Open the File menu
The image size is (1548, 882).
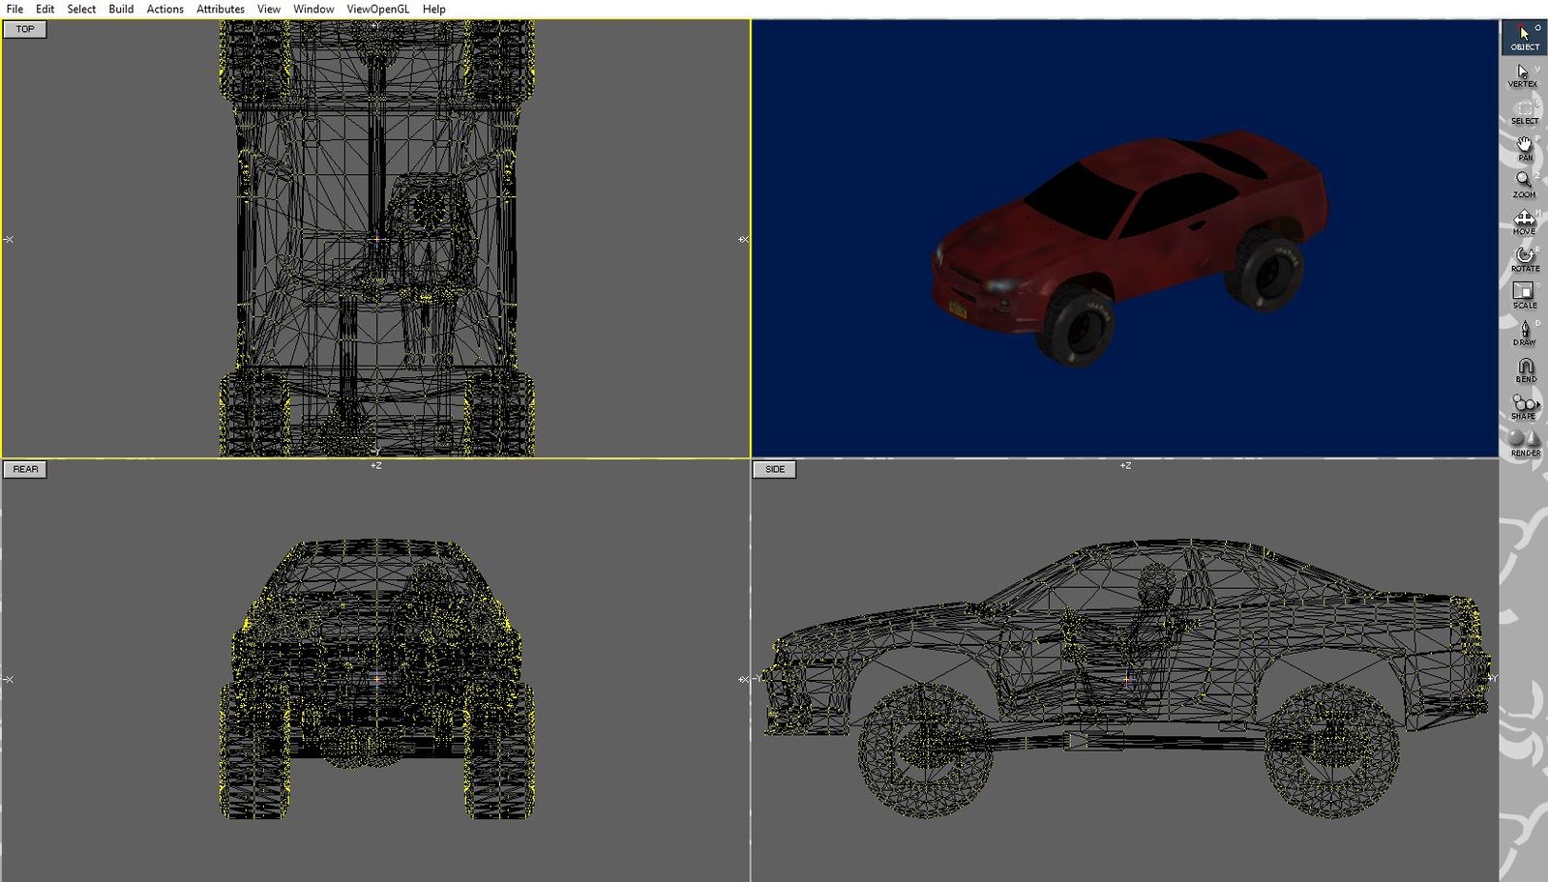coord(15,9)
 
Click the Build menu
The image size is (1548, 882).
coord(121,9)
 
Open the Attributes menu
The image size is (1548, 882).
coord(221,9)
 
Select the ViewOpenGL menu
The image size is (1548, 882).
coord(377,9)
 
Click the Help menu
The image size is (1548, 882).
coord(434,9)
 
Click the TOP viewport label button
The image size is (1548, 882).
coord(25,29)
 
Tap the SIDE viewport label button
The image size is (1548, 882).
coord(775,469)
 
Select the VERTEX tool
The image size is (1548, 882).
coord(1523,75)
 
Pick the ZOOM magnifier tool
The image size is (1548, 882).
coord(1524,183)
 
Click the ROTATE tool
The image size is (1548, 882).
coord(1524,258)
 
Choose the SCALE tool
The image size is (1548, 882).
coord(1524,295)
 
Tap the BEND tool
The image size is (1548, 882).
coord(1525,369)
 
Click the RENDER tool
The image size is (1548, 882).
coord(1525,443)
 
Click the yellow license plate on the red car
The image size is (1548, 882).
coord(958,310)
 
